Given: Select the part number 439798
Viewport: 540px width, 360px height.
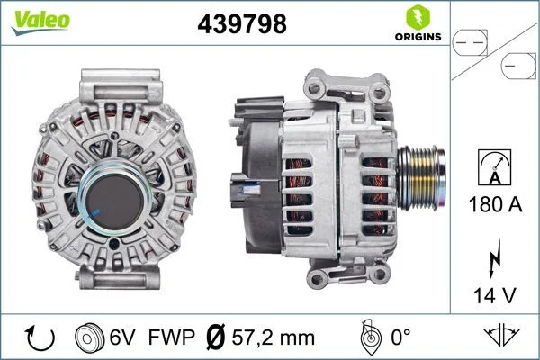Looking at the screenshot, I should click(x=240, y=25).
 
